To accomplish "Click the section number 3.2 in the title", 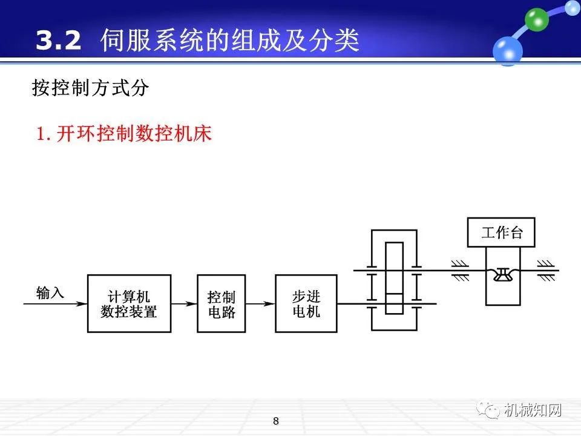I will click(x=58, y=41).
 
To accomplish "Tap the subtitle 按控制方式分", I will click(x=90, y=88).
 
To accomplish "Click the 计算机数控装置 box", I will click(x=129, y=303).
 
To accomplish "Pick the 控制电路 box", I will click(x=221, y=303).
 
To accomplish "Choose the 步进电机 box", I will click(x=306, y=303).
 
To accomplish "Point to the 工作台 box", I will click(x=502, y=233).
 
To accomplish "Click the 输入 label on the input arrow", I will click(x=50, y=293).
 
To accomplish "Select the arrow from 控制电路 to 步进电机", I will click(x=260, y=303).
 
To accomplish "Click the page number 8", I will click(x=276, y=421).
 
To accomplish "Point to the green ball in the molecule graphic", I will click(x=536, y=19).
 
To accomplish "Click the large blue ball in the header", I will click(x=507, y=50).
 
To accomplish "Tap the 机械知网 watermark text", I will click(x=533, y=410).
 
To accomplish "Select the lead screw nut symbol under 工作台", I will click(x=502, y=276).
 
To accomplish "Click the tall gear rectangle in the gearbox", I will click(x=394, y=277).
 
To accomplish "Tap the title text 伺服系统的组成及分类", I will click(x=230, y=41).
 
